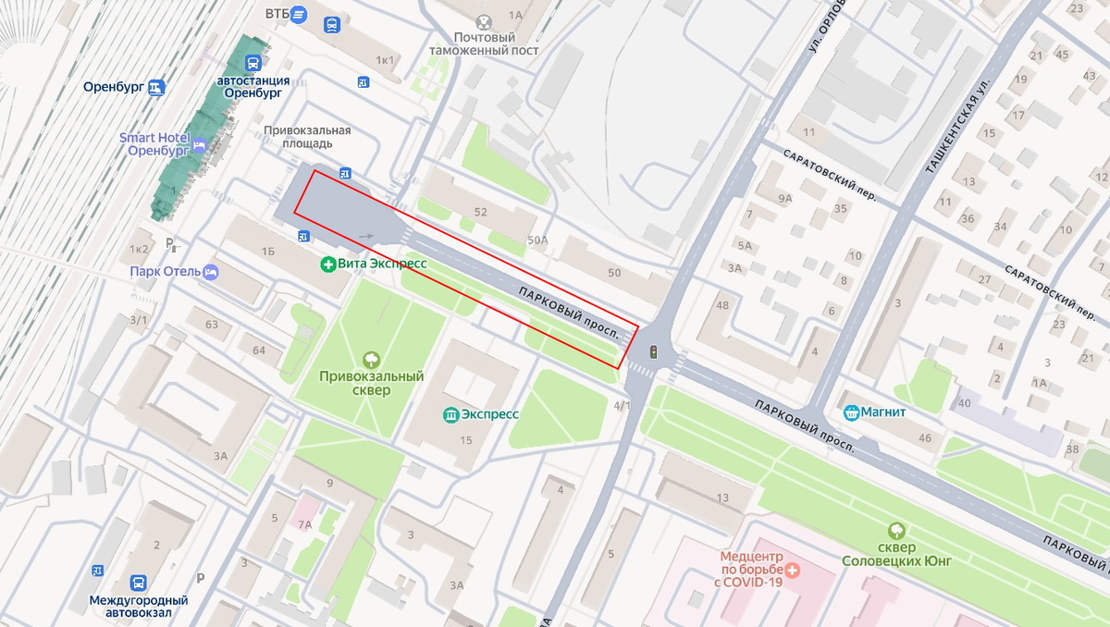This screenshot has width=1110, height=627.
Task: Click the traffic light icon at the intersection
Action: pos(654,351)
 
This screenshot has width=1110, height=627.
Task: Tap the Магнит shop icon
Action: pos(851,412)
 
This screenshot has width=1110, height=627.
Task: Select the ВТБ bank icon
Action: pos(298,14)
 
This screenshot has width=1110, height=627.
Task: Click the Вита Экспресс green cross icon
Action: pos(327,264)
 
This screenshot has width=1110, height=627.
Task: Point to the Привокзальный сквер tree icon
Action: pos(371,359)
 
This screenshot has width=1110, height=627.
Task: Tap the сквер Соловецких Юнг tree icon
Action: pos(896,531)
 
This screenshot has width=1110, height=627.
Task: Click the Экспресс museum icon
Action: pos(451,414)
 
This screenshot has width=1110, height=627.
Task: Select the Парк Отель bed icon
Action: pos(211,272)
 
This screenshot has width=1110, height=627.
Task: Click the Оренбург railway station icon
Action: pos(156,88)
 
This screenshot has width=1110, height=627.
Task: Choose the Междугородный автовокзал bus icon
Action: pos(138,584)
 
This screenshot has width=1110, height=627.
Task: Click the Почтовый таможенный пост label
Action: pos(483,43)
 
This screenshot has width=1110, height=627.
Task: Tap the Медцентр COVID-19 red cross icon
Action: pos(793,569)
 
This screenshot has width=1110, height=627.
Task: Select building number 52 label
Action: pos(480,212)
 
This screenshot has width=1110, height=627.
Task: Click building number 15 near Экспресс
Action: pos(466,440)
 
